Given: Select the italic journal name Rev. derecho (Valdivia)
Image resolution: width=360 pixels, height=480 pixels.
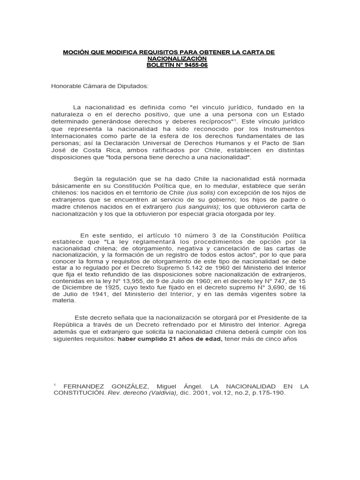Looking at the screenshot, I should click(x=136, y=393).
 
